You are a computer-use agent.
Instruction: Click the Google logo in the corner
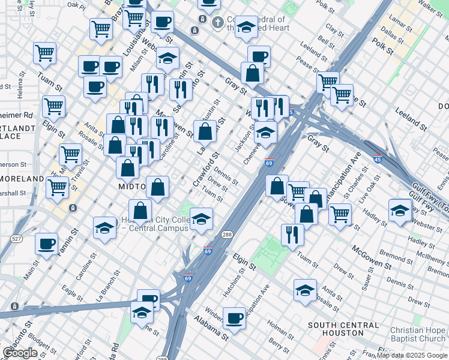coord(20,353)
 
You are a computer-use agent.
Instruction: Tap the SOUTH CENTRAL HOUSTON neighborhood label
coord(344,329)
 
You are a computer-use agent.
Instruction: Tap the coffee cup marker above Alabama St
coord(234,317)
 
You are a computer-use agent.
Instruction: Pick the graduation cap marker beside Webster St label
coord(399,211)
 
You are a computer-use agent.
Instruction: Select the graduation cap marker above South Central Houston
coord(305,290)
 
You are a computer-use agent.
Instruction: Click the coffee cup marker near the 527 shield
coord(46,244)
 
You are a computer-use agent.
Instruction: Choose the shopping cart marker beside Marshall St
coord(57,187)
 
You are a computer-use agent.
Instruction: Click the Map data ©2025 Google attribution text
coord(412,355)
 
